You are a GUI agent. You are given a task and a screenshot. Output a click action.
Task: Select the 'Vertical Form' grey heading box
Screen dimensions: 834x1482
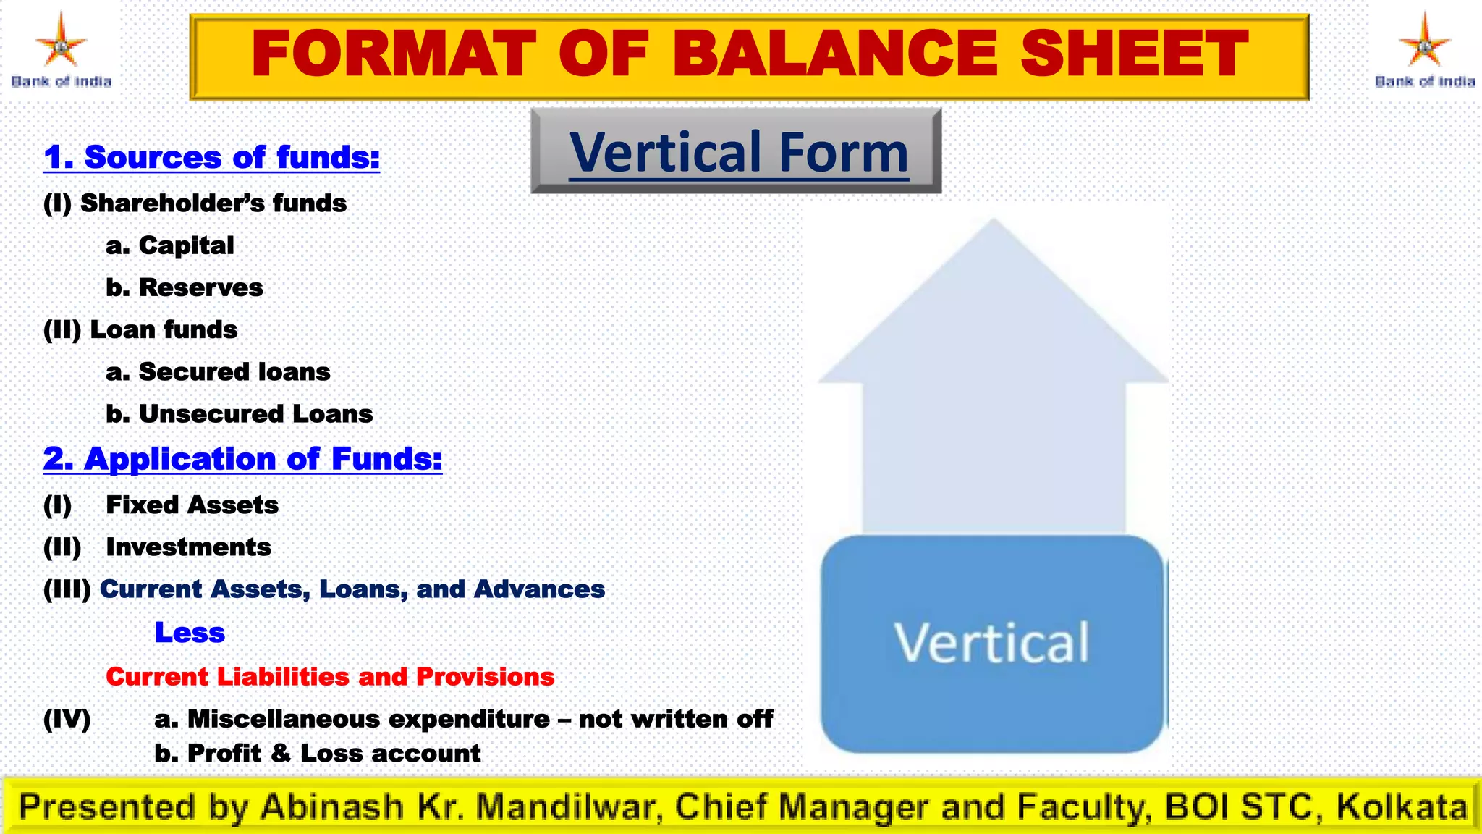[737, 151]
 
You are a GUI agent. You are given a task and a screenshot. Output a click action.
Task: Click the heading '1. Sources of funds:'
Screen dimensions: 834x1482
[211, 157]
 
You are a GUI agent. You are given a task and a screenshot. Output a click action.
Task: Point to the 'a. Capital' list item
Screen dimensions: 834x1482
[170, 245]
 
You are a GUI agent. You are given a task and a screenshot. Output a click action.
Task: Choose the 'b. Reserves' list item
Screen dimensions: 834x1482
[185, 287]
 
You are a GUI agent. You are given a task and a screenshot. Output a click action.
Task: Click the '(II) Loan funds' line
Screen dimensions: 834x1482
[140, 329]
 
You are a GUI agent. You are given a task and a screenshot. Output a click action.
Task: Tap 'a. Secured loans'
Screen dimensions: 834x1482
[218, 371]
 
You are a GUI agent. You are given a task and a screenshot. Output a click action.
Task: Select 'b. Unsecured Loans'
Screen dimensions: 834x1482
[239, 413]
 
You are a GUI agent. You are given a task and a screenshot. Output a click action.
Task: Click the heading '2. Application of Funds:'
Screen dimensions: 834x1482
[242, 459]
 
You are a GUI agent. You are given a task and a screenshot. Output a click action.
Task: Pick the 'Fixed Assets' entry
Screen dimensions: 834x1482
[192, 505]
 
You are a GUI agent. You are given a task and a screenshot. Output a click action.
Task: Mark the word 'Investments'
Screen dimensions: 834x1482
[188, 547]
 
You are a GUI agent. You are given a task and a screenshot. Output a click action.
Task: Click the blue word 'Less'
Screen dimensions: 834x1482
[190, 633]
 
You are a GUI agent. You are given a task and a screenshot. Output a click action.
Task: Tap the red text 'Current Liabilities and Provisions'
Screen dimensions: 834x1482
[330, 676]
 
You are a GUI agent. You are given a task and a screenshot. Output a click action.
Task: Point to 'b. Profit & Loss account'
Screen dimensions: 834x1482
[317, 753]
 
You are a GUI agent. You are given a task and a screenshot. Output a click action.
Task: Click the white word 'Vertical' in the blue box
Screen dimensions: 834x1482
[991, 643]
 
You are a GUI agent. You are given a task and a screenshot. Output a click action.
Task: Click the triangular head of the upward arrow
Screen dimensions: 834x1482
[993, 311]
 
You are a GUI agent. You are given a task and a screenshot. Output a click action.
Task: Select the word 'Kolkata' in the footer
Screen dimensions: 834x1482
[1401, 806]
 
